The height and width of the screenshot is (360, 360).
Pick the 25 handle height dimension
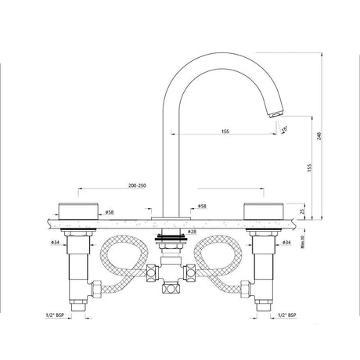(301, 211)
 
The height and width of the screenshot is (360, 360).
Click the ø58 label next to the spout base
(201, 207)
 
